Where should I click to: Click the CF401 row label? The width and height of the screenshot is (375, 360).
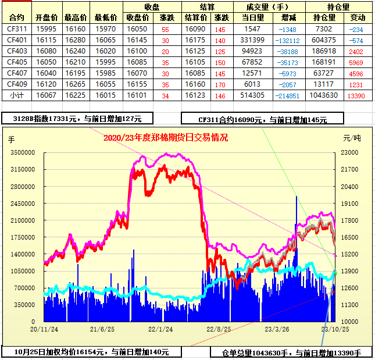click(x=17, y=40)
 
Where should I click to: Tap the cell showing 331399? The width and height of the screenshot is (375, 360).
click(x=252, y=40)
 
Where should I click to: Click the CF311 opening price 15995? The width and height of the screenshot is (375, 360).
click(x=47, y=29)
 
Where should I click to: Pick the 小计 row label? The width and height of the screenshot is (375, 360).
click(x=17, y=95)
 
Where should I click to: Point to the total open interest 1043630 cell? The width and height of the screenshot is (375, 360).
click(x=324, y=95)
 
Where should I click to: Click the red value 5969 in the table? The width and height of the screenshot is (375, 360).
click(x=356, y=62)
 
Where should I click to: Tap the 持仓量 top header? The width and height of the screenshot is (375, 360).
click(x=339, y=7)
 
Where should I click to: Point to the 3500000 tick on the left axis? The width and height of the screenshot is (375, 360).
click(x=24, y=152)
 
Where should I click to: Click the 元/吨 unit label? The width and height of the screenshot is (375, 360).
click(x=352, y=138)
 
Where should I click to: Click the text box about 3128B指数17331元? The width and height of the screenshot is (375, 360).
click(x=77, y=119)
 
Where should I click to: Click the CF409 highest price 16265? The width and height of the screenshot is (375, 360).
click(x=76, y=84)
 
